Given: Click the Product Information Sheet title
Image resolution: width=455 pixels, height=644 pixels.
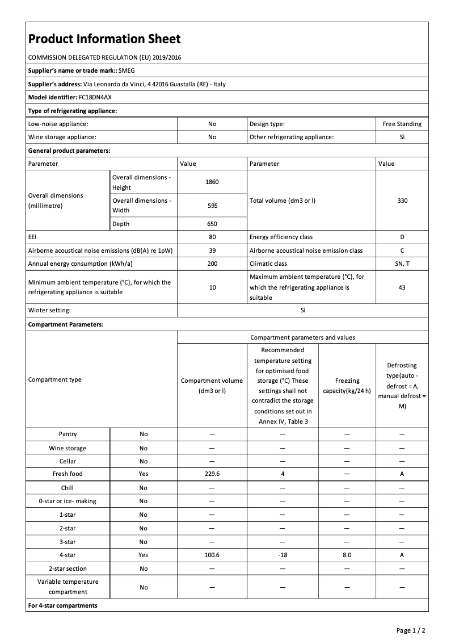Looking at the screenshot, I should [x=104, y=39].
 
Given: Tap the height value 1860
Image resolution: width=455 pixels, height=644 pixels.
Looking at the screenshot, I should [x=212, y=182].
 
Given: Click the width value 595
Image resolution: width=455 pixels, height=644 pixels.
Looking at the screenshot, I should [x=212, y=206].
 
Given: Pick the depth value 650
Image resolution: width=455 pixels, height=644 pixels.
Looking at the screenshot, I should [x=212, y=224].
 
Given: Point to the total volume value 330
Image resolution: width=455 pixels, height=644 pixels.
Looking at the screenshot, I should [x=402, y=200].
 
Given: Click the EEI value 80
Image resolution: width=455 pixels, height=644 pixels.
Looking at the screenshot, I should [x=212, y=237].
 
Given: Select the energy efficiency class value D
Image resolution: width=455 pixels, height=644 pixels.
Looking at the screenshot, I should [x=402, y=237].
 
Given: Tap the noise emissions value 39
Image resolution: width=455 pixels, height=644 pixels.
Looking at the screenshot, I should [x=212, y=250].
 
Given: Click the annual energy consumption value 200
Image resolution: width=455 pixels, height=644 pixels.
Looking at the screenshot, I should [x=212, y=264].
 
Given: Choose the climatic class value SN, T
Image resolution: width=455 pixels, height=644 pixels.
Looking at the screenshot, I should [x=402, y=264].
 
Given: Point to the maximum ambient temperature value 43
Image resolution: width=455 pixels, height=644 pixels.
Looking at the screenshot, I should [x=402, y=287].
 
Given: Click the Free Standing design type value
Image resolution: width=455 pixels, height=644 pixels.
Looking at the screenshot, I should [x=402, y=124].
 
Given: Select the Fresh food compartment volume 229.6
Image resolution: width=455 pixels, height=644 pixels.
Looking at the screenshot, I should [x=212, y=474].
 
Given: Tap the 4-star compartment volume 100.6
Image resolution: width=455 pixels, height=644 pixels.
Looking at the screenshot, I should [x=212, y=555].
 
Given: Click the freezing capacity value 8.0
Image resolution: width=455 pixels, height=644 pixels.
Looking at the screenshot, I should [x=347, y=555].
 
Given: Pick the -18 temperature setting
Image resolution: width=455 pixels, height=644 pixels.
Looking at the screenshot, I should [x=282, y=555].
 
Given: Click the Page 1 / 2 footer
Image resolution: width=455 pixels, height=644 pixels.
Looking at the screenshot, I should [x=411, y=630].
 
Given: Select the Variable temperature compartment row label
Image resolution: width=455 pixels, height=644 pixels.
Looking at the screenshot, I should [x=68, y=587].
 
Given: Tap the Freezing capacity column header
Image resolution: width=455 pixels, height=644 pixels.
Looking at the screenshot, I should [x=347, y=385].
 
